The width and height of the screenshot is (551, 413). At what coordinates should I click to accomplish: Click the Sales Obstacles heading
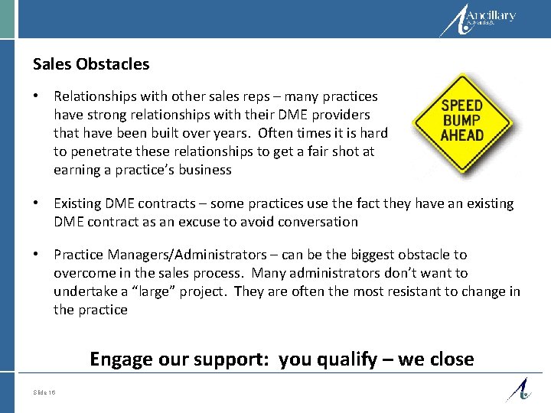[x=91, y=64]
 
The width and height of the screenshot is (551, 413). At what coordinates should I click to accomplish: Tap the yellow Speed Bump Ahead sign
[x=461, y=122]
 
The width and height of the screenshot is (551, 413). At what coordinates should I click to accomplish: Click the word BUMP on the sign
[x=461, y=121]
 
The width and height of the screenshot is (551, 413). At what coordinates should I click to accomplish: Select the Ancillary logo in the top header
[x=480, y=20]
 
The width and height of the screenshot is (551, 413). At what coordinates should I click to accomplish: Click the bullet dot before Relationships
[x=37, y=96]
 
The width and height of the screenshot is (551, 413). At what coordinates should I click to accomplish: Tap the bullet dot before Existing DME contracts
[x=37, y=203]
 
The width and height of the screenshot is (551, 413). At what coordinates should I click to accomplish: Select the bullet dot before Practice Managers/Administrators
[x=37, y=254]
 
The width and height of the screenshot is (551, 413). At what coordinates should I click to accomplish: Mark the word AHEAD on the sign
[x=461, y=135]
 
